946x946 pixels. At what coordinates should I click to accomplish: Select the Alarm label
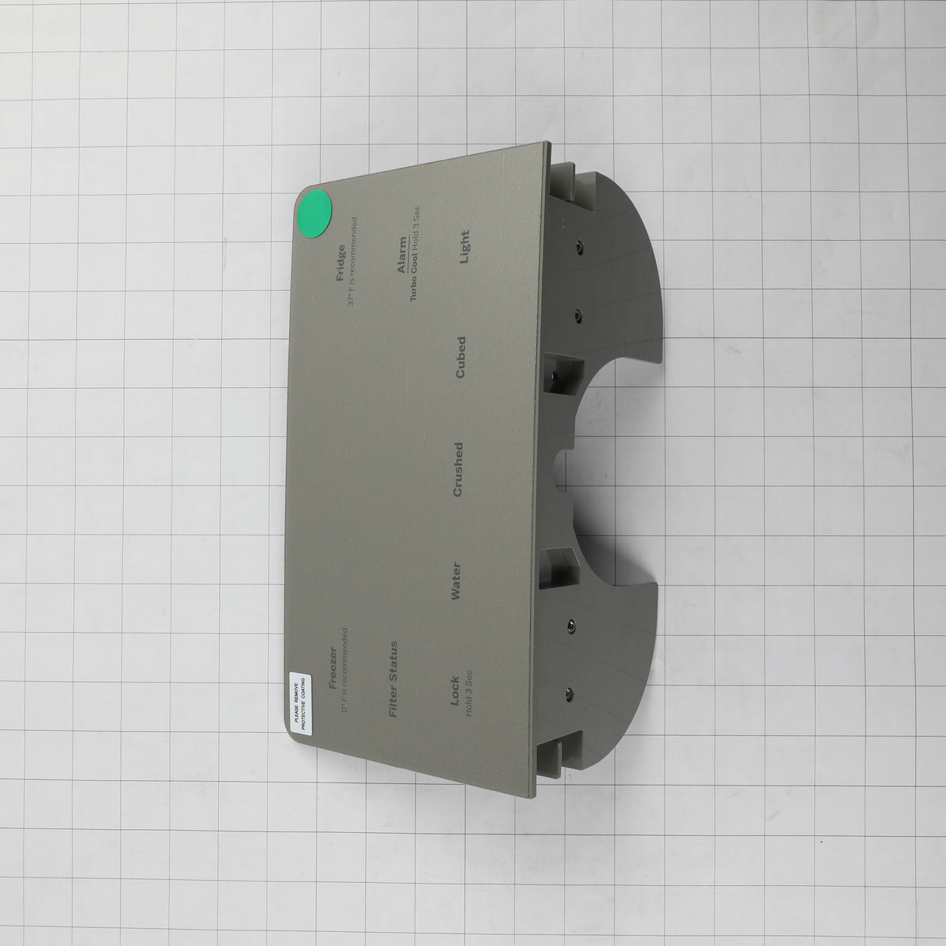click(x=402, y=254)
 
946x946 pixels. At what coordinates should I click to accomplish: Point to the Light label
click(x=464, y=247)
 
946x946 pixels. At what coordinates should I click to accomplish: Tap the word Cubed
click(x=461, y=357)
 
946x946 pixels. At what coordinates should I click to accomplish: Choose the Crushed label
click(x=457, y=469)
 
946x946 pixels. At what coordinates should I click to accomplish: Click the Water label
click(x=456, y=581)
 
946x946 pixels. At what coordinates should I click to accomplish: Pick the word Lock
click(x=454, y=690)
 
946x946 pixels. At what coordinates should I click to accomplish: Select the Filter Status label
click(x=393, y=679)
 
